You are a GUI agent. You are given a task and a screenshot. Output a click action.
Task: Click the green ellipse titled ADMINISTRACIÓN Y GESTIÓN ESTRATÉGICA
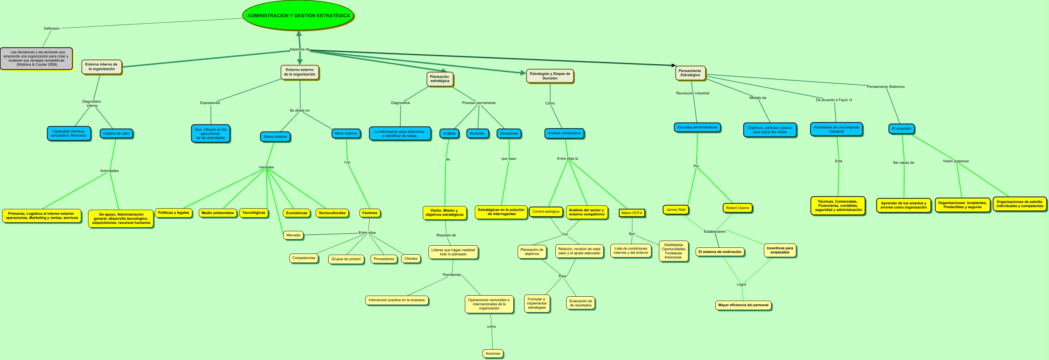(298, 15)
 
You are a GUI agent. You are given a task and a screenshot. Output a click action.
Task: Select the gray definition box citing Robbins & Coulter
(36, 58)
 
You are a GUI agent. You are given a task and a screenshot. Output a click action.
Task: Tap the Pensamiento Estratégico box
(690, 73)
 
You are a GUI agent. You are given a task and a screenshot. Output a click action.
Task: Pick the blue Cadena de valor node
(116, 133)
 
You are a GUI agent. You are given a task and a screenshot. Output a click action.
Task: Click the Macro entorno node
(275, 136)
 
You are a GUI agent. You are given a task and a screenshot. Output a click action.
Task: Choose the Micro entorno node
(346, 133)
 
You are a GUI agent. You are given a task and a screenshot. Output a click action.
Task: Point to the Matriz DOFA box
(632, 213)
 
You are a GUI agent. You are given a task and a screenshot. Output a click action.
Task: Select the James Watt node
(675, 210)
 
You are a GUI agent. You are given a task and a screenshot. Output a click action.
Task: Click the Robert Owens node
(737, 208)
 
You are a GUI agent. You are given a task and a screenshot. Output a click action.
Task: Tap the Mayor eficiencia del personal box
(743, 305)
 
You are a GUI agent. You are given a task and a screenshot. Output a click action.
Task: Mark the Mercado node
(293, 235)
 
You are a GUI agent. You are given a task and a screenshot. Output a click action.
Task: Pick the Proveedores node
(384, 259)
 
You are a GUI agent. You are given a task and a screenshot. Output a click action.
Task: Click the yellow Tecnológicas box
(253, 213)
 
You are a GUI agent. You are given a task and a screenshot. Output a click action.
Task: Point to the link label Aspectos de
(299, 49)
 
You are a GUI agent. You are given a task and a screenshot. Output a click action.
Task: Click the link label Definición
(52, 28)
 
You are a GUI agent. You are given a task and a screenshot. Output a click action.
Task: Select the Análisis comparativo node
(564, 133)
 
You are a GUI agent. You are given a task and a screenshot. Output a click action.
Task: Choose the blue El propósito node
(901, 128)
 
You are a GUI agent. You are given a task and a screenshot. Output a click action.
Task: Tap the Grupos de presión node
(346, 259)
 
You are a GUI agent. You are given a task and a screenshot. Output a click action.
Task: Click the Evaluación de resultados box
(580, 303)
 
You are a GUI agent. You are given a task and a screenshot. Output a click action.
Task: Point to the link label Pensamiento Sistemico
(885, 87)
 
